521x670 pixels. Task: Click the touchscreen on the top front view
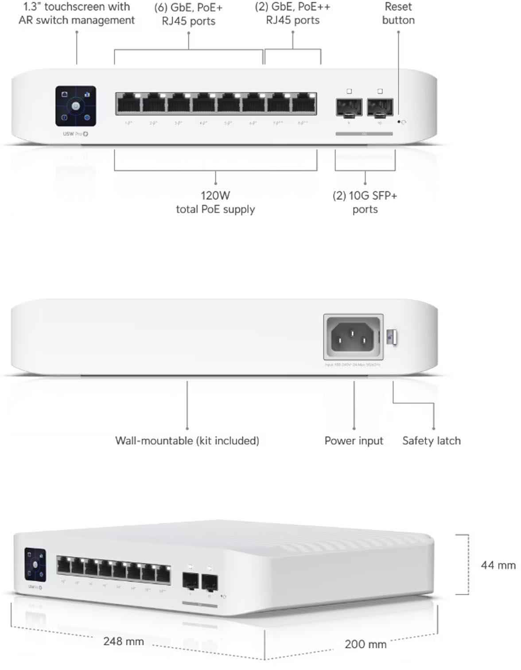[76, 106]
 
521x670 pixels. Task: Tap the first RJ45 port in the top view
[128, 105]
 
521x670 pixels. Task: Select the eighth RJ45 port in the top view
[303, 105]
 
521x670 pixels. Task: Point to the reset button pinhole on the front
[399, 121]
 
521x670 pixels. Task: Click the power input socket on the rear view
[353, 337]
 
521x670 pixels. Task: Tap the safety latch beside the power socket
[391, 338]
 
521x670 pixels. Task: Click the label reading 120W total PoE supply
[215, 203]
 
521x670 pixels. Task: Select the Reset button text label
[398, 14]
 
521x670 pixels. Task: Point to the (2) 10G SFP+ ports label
[365, 203]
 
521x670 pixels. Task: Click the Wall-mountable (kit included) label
[187, 441]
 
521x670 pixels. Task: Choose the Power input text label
[354, 441]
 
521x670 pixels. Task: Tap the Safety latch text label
[431, 441]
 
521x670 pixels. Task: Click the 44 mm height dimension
[498, 565]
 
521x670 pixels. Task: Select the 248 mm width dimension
[124, 641]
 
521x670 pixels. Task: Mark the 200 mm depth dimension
[365, 644]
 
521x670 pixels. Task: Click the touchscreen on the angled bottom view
[35, 565]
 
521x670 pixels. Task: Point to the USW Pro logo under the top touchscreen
[75, 134]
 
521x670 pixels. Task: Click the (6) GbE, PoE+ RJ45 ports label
[188, 14]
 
